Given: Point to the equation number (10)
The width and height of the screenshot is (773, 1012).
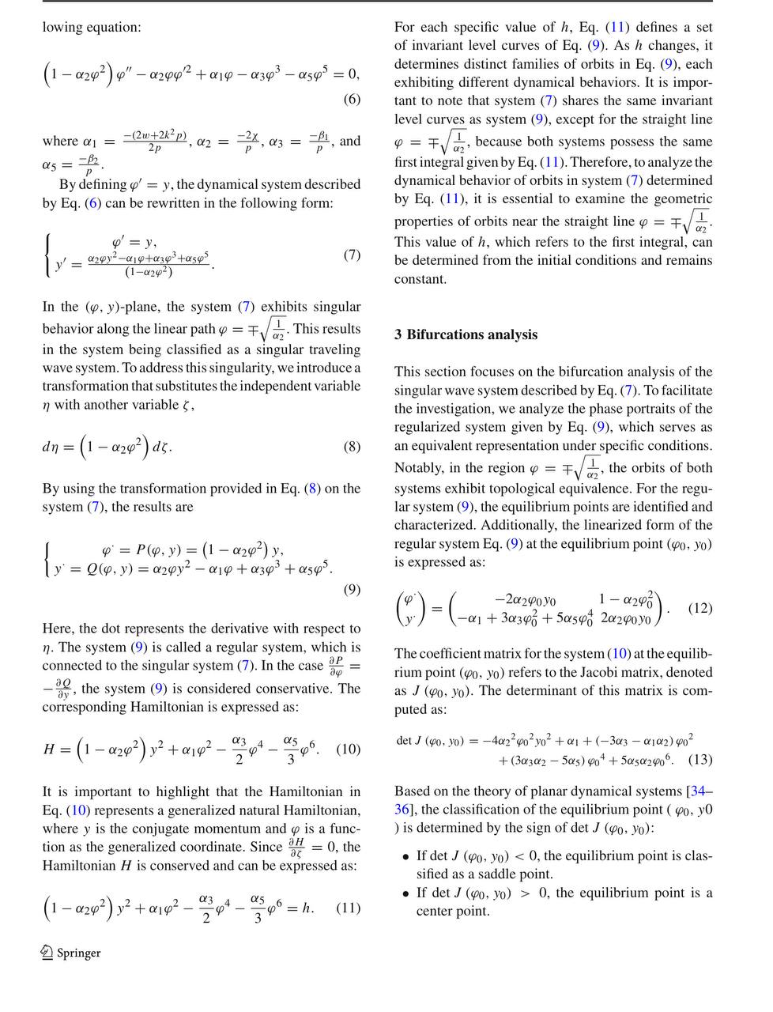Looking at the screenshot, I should click(x=349, y=749).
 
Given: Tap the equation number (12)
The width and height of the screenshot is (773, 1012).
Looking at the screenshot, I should click(x=700, y=608).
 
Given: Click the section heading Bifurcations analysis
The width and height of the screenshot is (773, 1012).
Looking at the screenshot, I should click(x=472, y=334).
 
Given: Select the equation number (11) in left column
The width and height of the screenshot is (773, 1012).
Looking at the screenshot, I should click(x=349, y=908).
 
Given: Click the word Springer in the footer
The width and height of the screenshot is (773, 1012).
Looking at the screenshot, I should click(x=79, y=953).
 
